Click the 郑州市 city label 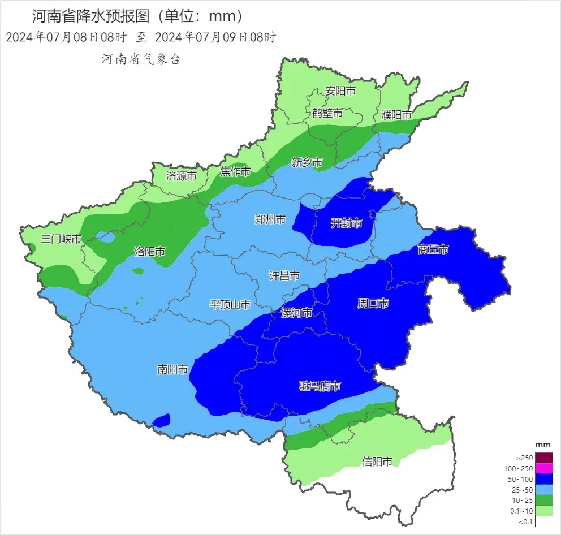point(270,220)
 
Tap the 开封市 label point(346,224)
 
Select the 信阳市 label point(377,462)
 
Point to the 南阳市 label point(172,370)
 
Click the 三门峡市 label point(61,239)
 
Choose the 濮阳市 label point(396,115)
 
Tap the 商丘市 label point(433,249)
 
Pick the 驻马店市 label point(320,387)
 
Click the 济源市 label point(182,176)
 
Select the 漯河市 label point(296,313)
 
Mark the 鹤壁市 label point(327,113)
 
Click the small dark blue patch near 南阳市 point(162,420)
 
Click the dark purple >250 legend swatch point(544,458)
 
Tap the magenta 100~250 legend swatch point(544,468)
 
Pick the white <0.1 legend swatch point(544,521)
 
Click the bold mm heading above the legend point(543,445)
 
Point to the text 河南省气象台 point(141,59)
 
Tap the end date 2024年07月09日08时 point(215,38)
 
